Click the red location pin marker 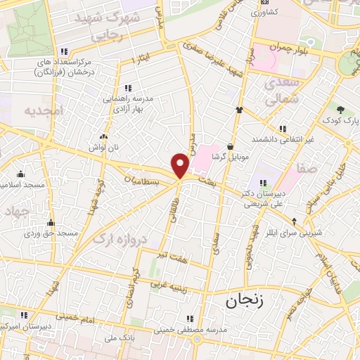(181, 165)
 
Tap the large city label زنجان (243, 302)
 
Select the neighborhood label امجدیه (44, 111)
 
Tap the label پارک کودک (341, 121)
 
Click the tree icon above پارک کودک (341, 109)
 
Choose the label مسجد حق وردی (53, 232)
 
